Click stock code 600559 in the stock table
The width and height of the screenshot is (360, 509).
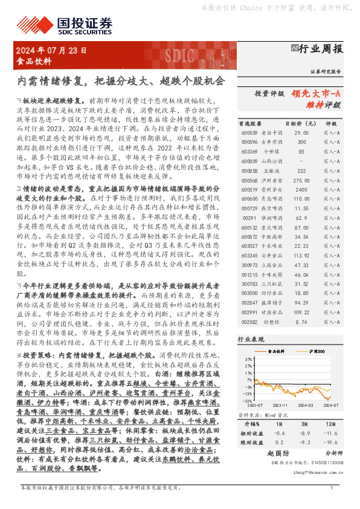tap(249, 132)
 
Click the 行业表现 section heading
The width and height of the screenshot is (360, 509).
tap(252, 340)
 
